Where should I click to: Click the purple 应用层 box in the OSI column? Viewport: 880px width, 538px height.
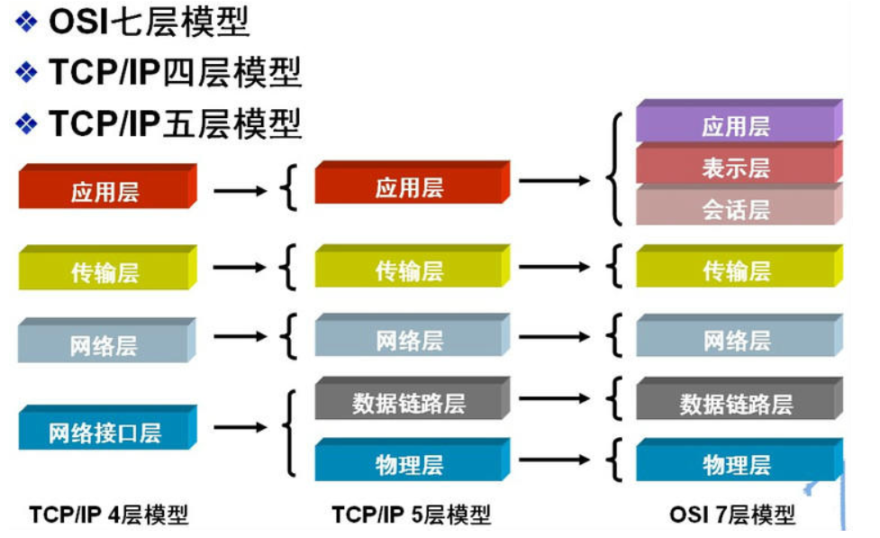[x=736, y=125]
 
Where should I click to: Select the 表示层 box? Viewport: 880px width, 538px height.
[x=736, y=168]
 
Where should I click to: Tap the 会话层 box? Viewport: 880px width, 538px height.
[x=736, y=210]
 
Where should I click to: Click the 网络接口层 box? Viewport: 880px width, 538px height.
[x=104, y=433]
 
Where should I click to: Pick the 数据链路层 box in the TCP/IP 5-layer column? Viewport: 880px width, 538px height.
[x=409, y=403]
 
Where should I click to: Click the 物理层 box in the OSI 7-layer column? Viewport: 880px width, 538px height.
[x=736, y=464]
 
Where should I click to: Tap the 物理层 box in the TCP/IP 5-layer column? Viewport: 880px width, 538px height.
[x=409, y=464]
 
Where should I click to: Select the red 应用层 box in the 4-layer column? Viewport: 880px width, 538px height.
[x=104, y=192]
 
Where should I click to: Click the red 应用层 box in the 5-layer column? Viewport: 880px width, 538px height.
[x=409, y=187]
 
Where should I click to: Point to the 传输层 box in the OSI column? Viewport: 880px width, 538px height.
[x=736, y=270]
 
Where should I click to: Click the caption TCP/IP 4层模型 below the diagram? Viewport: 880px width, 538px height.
[x=109, y=515]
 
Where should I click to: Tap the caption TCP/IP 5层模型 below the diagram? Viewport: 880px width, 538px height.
[x=412, y=515]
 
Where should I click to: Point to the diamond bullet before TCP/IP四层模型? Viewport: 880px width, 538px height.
[x=28, y=72]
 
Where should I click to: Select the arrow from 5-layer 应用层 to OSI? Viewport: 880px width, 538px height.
[x=555, y=180]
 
